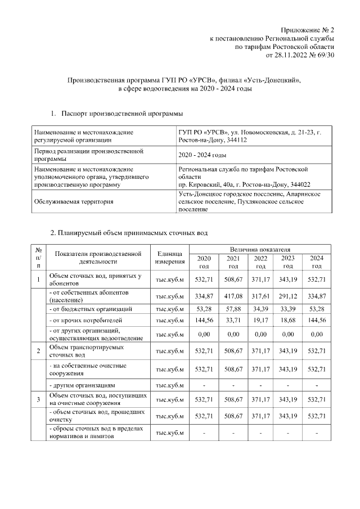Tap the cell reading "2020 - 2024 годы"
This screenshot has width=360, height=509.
(x=202, y=155)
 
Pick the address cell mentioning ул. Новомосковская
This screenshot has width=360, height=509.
(x=249, y=136)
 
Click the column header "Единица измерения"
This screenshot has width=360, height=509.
(x=170, y=258)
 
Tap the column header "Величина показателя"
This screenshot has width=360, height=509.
(x=260, y=249)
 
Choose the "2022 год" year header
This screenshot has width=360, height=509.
(x=260, y=262)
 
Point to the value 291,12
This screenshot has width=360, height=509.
(x=288, y=296)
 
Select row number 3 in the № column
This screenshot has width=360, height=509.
(x=38, y=399)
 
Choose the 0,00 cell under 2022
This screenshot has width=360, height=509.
(x=260, y=334)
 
